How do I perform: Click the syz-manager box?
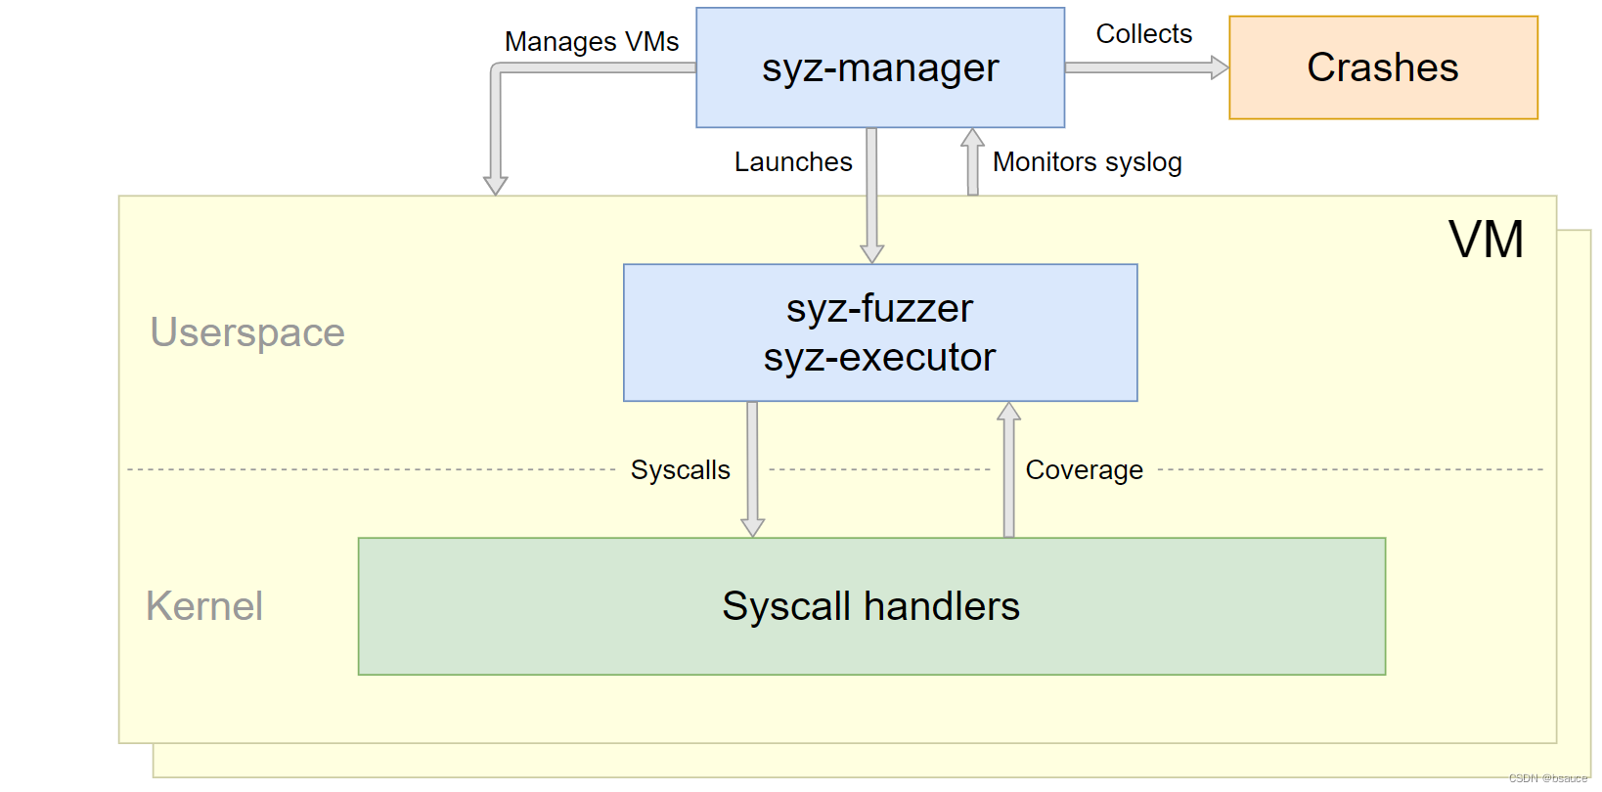click(879, 67)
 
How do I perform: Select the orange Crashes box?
click(1382, 67)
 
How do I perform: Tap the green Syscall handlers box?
click(870, 606)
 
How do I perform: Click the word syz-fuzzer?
click(879, 309)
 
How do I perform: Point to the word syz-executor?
click(879, 358)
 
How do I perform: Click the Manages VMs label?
click(591, 42)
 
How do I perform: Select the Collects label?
click(1143, 34)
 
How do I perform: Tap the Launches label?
click(792, 162)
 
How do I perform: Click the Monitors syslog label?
click(1087, 162)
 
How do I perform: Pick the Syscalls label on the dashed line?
click(680, 470)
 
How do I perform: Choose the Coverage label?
click(1084, 470)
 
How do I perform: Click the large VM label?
click(1485, 240)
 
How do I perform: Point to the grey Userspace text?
click(247, 333)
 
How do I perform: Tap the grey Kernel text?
click(204, 606)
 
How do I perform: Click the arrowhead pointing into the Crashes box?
click(1219, 67)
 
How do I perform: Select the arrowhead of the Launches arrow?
click(871, 253)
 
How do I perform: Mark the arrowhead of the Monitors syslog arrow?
click(972, 138)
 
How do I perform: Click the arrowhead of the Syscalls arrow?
click(752, 527)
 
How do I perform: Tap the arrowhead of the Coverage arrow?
click(1008, 412)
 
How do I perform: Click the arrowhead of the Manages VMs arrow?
click(496, 185)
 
